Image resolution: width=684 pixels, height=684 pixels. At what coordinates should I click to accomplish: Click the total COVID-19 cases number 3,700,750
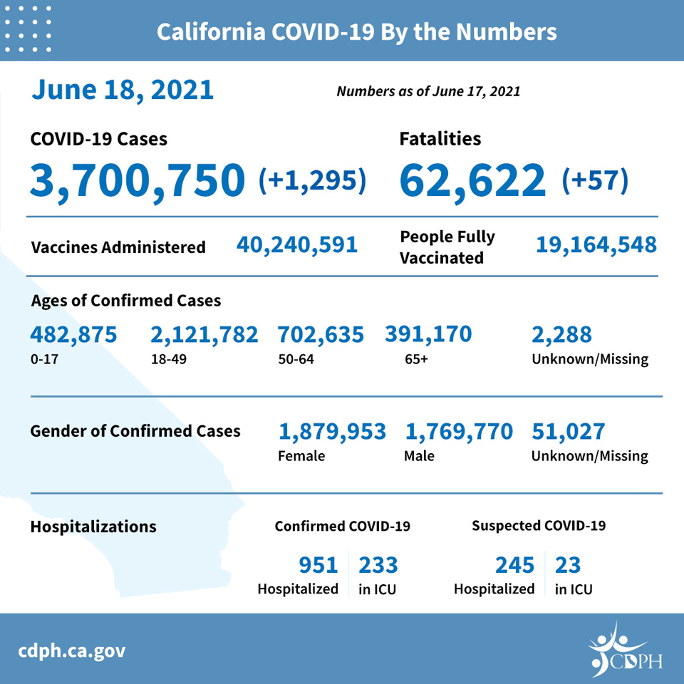tap(138, 180)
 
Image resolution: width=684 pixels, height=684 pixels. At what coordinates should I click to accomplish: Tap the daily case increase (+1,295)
tap(312, 180)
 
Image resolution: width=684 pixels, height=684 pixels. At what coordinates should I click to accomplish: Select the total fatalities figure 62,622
tap(472, 180)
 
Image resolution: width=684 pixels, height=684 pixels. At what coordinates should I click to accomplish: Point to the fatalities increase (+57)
tap(595, 180)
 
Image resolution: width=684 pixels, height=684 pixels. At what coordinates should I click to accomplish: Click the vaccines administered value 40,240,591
tap(297, 245)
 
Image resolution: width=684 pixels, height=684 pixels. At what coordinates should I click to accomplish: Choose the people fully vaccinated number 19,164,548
tap(596, 245)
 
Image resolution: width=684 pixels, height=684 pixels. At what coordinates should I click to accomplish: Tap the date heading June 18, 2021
tap(122, 90)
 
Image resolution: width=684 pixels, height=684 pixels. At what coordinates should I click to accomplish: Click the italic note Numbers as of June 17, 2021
tap(428, 91)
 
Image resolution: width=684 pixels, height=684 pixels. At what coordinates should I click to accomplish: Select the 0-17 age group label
tap(44, 359)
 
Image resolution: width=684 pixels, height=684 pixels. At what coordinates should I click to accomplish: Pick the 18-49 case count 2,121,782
tap(204, 335)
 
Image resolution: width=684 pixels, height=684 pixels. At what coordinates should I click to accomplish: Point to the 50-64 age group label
tap(296, 359)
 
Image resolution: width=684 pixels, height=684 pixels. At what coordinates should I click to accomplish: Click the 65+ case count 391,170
tap(428, 335)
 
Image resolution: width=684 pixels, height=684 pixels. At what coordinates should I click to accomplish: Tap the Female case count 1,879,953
tap(332, 432)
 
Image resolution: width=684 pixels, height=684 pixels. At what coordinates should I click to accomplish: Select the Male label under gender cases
tap(419, 456)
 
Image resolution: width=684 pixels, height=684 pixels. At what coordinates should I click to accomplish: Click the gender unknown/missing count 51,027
tap(568, 432)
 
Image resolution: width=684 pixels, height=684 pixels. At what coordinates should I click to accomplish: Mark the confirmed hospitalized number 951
tap(318, 565)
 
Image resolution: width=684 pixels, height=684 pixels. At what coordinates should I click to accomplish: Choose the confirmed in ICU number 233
tap(378, 565)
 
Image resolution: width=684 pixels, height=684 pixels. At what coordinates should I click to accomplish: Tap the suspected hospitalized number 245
tap(514, 565)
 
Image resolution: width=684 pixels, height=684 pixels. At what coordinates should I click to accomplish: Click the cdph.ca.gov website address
tap(71, 651)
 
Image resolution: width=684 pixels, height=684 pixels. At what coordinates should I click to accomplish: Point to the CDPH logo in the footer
tap(626, 650)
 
